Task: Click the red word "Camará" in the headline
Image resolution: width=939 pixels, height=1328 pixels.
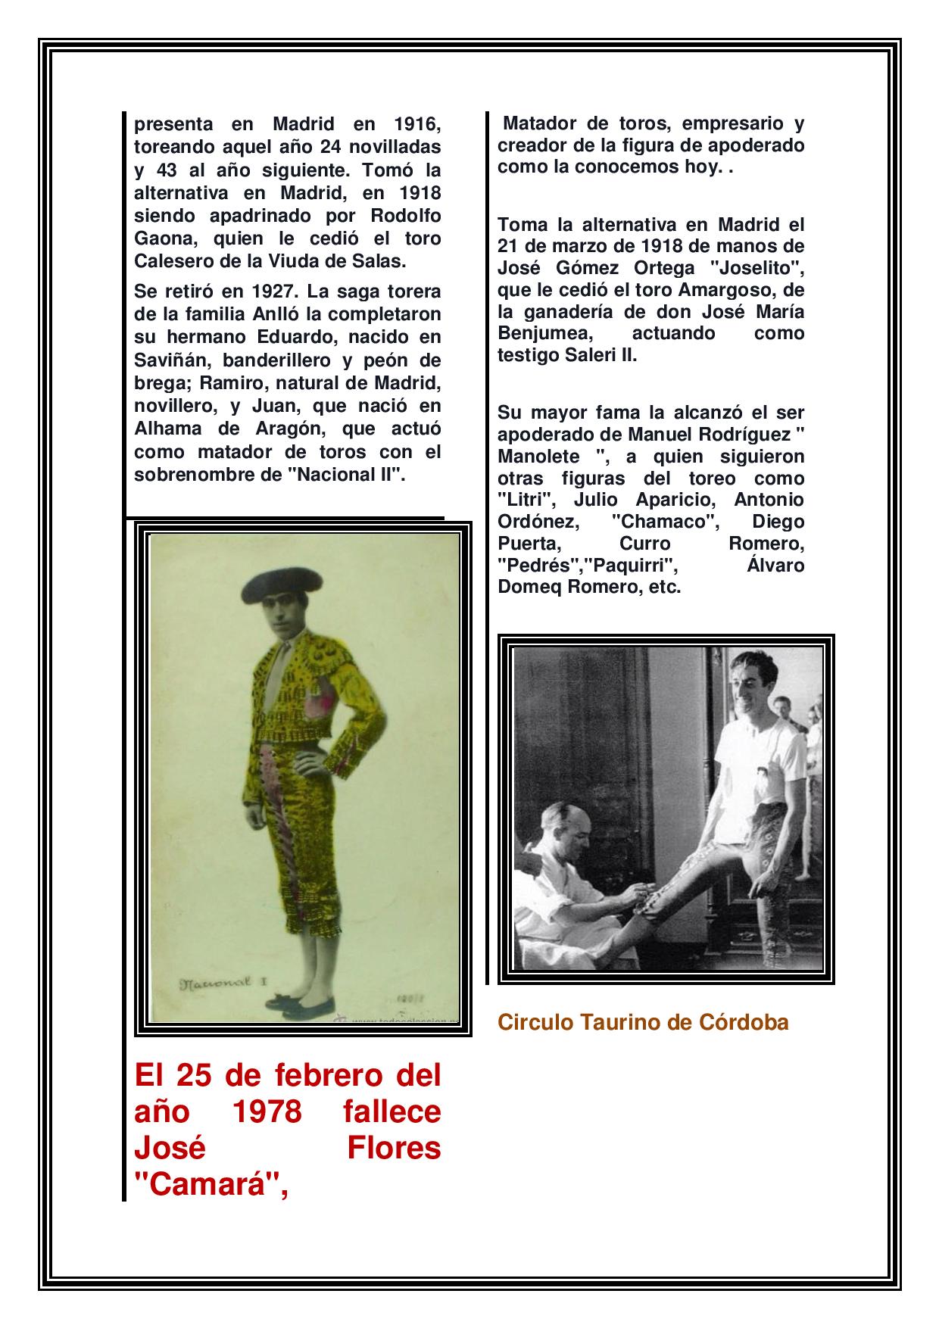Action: coord(210,1186)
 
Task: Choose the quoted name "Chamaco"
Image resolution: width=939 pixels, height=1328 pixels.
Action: coord(664,522)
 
